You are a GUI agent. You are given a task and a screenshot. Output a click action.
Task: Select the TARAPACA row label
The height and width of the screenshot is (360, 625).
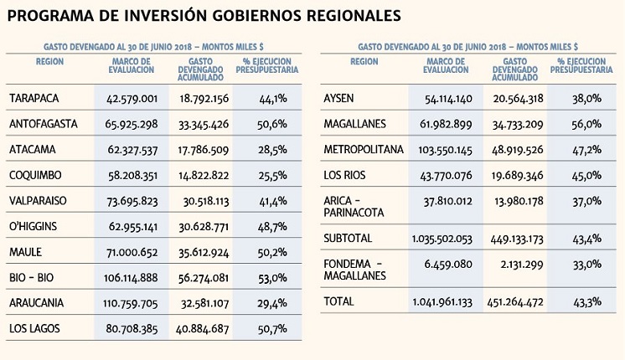point(34,99)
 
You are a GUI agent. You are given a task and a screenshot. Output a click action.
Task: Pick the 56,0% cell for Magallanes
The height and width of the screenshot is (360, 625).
point(586,124)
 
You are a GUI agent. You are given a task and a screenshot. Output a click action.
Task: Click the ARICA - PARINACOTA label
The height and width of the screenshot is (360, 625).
point(353,208)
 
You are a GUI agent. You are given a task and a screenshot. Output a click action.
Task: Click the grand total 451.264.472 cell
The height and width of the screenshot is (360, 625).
point(514,301)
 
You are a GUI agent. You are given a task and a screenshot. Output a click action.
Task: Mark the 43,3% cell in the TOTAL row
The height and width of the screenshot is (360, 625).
point(586,301)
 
